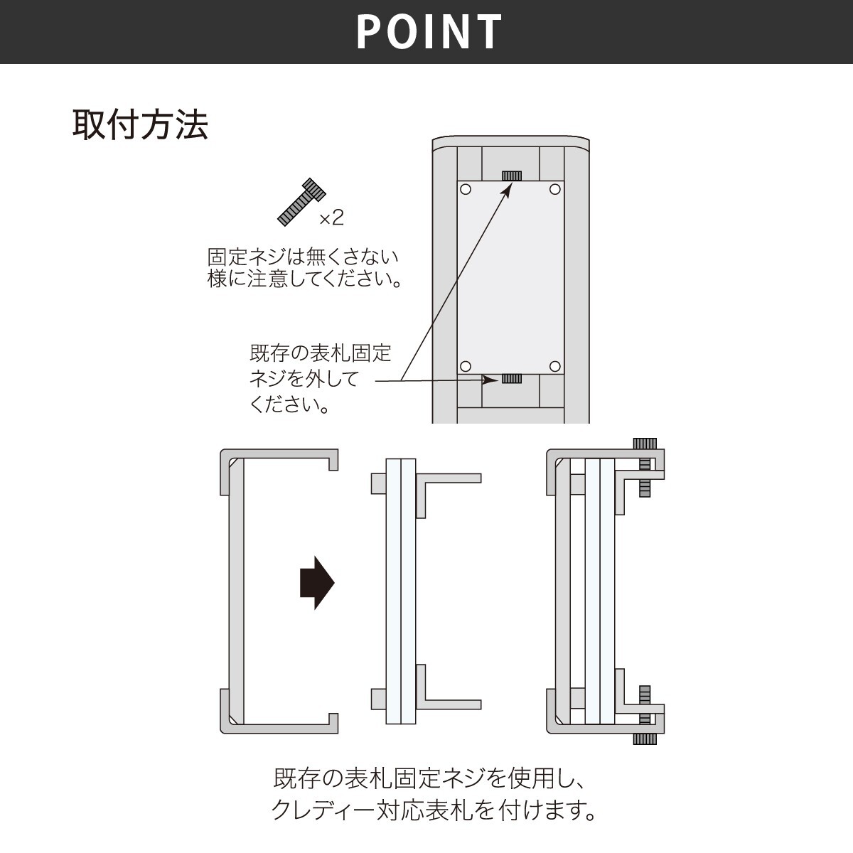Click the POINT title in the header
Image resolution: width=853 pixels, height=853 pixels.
[x=429, y=31]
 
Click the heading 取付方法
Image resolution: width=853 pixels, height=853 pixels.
[x=140, y=125]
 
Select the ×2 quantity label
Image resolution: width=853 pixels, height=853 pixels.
[x=331, y=218]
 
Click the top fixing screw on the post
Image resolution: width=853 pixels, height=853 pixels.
[x=512, y=176]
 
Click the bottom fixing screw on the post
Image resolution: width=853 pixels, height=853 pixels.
[x=512, y=378]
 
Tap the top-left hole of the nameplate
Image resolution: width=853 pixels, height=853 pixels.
[x=466, y=189]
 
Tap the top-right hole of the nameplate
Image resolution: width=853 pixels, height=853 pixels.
[x=556, y=189]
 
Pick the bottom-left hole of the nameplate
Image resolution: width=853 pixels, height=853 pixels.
[x=466, y=367]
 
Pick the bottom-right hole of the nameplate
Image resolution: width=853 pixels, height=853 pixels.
[x=556, y=367]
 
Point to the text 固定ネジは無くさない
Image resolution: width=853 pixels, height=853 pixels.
[x=303, y=257]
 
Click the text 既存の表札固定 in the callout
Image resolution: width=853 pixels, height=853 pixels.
[x=321, y=353]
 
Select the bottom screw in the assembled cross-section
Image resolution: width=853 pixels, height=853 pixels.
[x=645, y=714]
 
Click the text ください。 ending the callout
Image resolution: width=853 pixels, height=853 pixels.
[x=291, y=405]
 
